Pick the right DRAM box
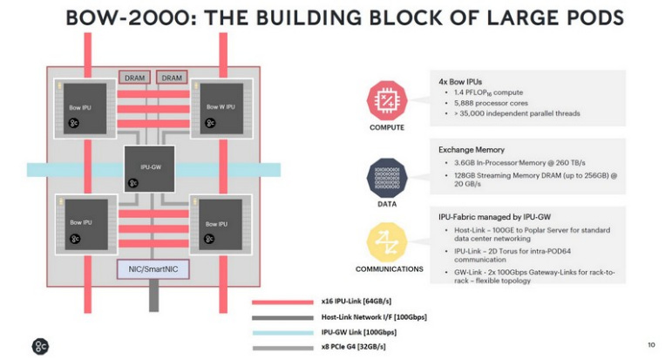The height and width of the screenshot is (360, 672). (x=172, y=78)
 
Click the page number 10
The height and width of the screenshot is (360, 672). (x=651, y=343)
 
